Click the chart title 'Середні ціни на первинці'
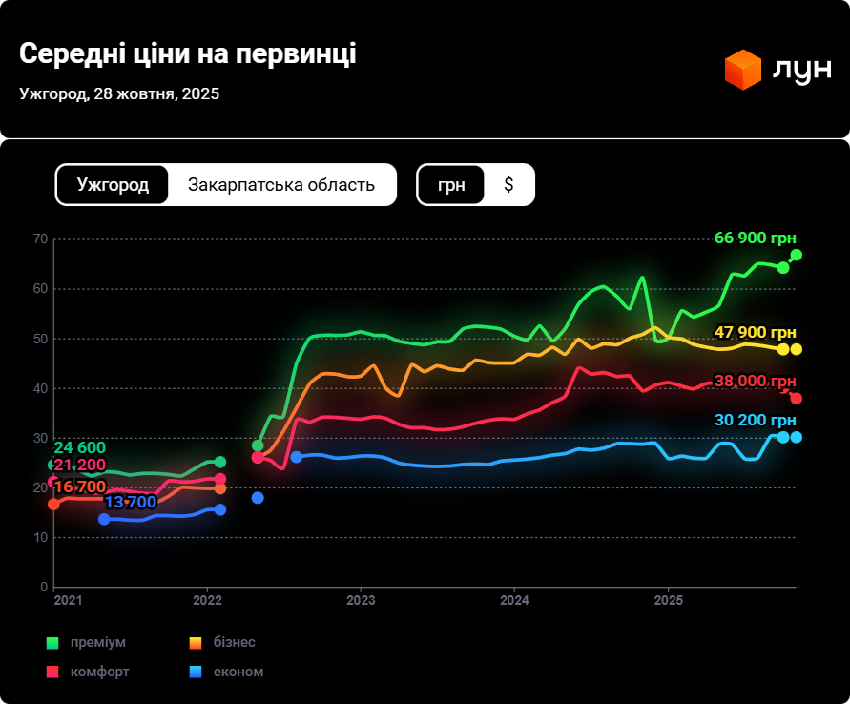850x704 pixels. pyautogui.click(x=188, y=53)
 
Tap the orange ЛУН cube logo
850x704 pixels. pyautogui.click(x=742, y=70)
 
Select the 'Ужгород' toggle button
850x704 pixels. pyautogui.click(x=113, y=185)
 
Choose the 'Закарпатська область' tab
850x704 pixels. pyautogui.click(x=281, y=185)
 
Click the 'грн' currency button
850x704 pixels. pyautogui.click(x=451, y=185)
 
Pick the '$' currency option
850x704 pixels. pyautogui.click(x=508, y=185)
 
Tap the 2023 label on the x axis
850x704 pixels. pyautogui.click(x=361, y=601)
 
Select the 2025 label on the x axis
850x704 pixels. pyautogui.click(x=668, y=601)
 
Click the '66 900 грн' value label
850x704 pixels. pyautogui.click(x=755, y=238)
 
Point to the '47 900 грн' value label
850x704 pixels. pyautogui.click(x=755, y=332)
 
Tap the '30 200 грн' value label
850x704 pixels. pyautogui.click(x=755, y=421)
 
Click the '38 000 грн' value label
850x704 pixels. pyautogui.click(x=755, y=381)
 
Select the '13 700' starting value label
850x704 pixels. pyautogui.click(x=130, y=502)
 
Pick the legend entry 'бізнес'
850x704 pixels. pyautogui.click(x=234, y=642)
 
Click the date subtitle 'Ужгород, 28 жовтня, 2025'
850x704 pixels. pyautogui.click(x=119, y=93)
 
